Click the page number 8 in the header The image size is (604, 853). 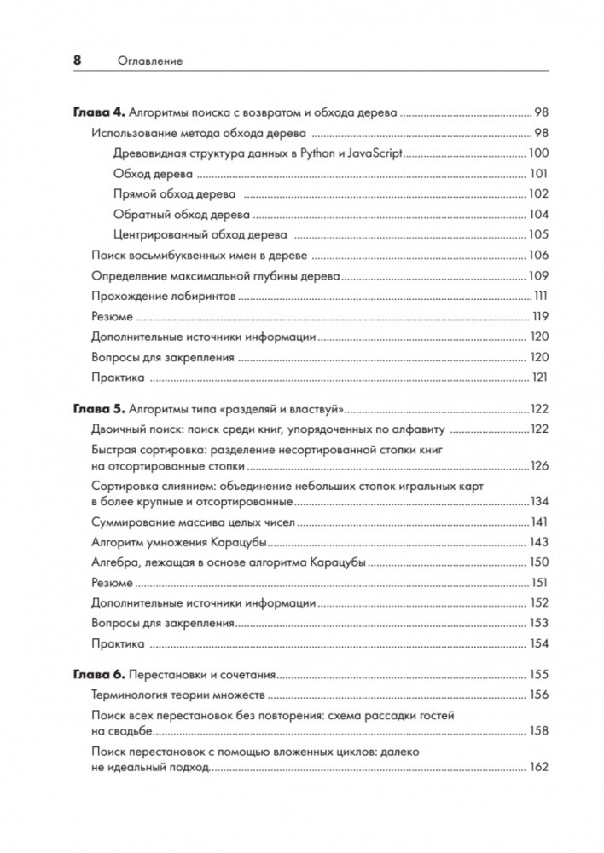click(x=77, y=61)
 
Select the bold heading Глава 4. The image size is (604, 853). click(x=99, y=112)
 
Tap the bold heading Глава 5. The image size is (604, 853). click(x=99, y=407)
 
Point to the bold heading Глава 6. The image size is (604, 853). click(x=99, y=674)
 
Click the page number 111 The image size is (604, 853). click(x=540, y=297)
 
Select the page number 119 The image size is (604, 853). click(x=539, y=317)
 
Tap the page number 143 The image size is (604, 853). click(x=538, y=542)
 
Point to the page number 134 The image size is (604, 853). click(x=538, y=501)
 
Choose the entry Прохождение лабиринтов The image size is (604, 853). click(x=163, y=297)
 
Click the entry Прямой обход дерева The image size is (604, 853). click(x=174, y=194)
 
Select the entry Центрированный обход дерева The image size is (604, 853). click(x=200, y=235)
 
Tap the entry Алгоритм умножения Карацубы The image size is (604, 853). click(x=179, y=542)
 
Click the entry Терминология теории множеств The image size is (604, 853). click(x=179, y=695)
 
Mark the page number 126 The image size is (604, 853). click(x=538, y=466)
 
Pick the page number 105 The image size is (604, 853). click(x=538, y=235)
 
